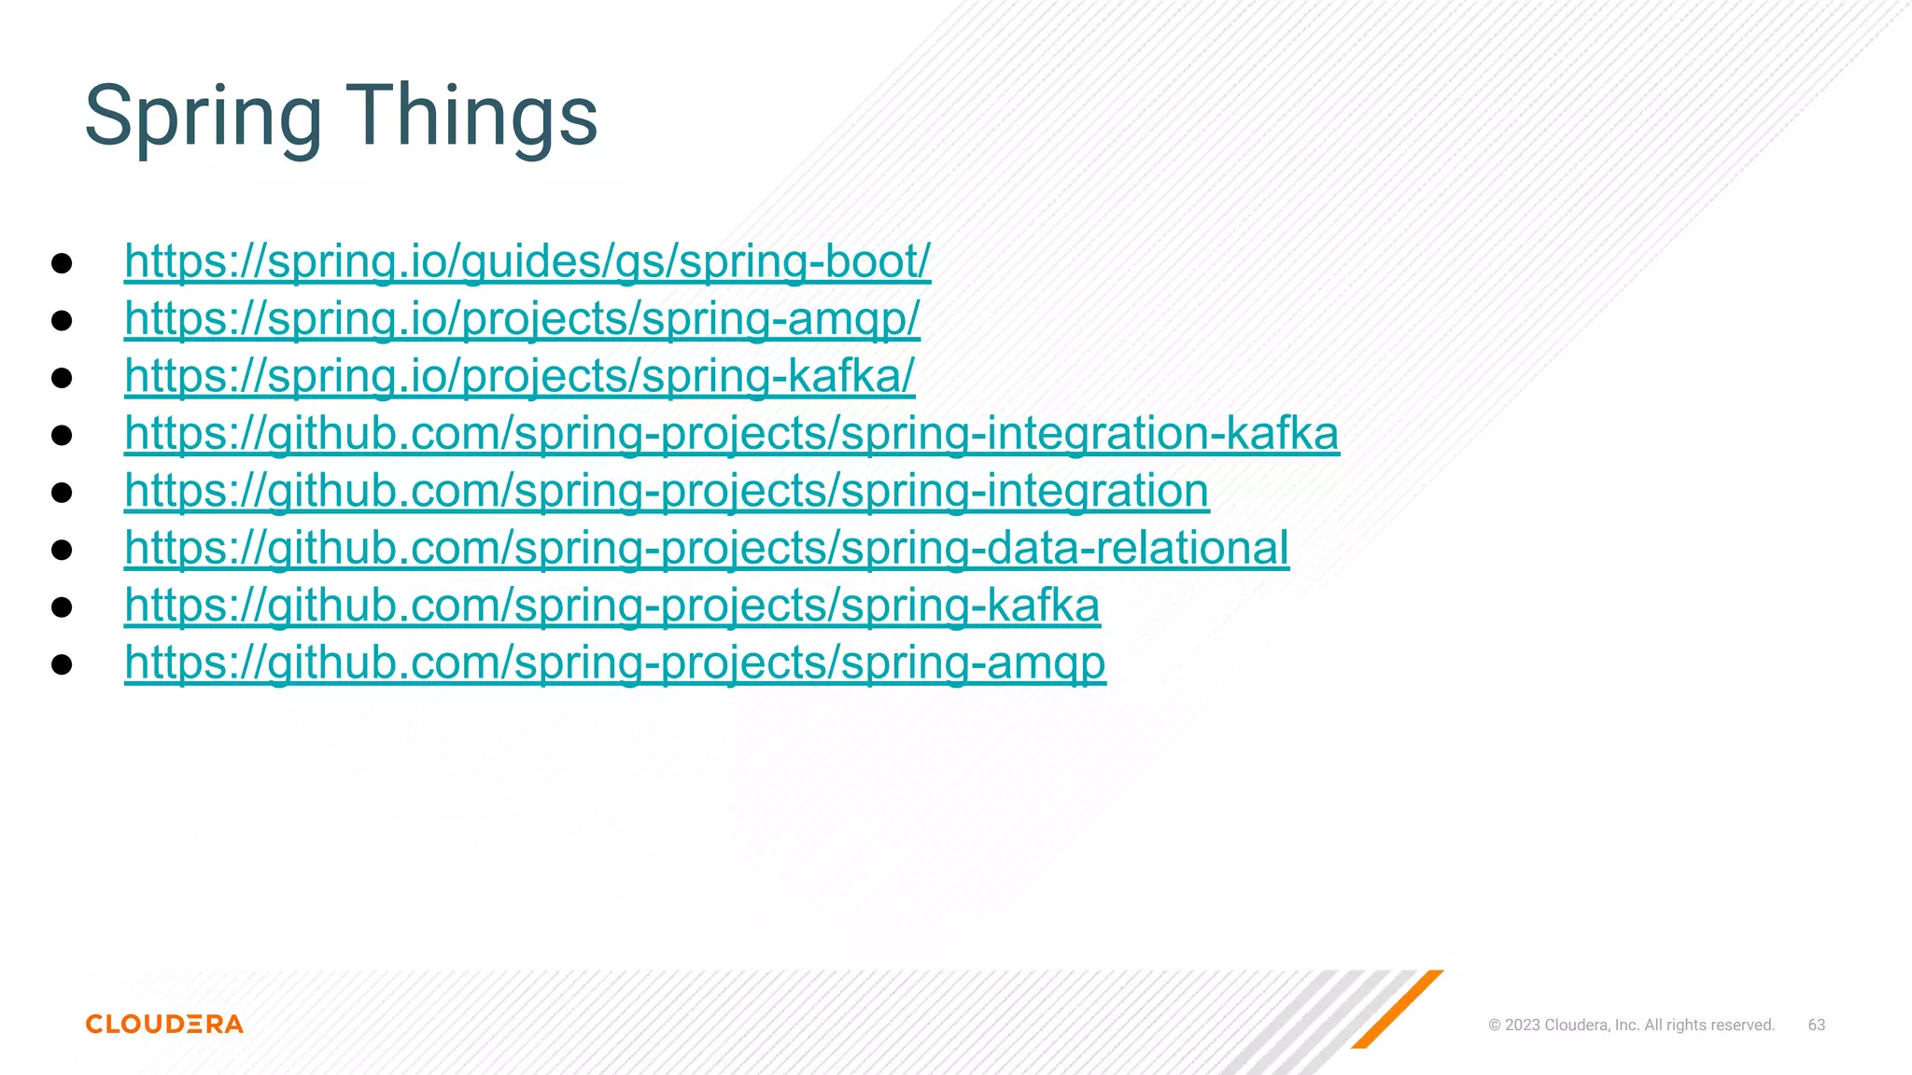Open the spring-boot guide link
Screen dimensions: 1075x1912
pos(527,261)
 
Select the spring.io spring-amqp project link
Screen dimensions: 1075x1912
pos(522,319)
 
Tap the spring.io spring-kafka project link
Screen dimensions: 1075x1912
pos(519,376)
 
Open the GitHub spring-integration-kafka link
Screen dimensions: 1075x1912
pos(732,434)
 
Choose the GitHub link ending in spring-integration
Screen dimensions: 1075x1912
pos(667,491)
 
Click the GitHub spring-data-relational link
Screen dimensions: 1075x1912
pos(707,549)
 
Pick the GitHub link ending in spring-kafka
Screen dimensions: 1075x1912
pos(612,606)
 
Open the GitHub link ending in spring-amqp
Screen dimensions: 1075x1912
pos(615,663)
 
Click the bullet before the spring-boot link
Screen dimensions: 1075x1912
pos(62,263)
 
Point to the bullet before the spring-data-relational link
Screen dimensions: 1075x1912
pos(62,550)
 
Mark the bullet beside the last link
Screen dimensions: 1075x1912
pos(62,664)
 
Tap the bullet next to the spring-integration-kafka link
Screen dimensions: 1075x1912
pos(62,435)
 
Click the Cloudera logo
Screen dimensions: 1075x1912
pos(164,1024)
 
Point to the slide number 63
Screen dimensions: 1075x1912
pos(1816,1025)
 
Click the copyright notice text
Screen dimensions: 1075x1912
pos(1631,1025)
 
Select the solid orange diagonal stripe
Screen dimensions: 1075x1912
pos(1398,1009)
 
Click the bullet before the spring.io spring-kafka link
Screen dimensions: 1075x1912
pos(62,378)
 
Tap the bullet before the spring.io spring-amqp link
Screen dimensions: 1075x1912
pos(62,321)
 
